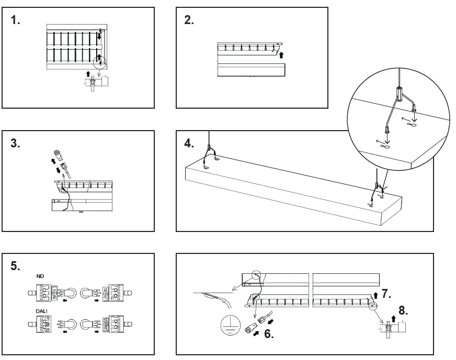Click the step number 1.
point(16,21)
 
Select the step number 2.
point(189,21)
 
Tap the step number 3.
point(16,144)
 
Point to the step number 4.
point(189,144)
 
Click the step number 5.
point(16,266)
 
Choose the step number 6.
point(268,334)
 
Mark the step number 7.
point(386,294)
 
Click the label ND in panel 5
point(40,276)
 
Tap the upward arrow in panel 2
point(282,54)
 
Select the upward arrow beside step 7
point(375,296)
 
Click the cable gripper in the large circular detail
point(398,95)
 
